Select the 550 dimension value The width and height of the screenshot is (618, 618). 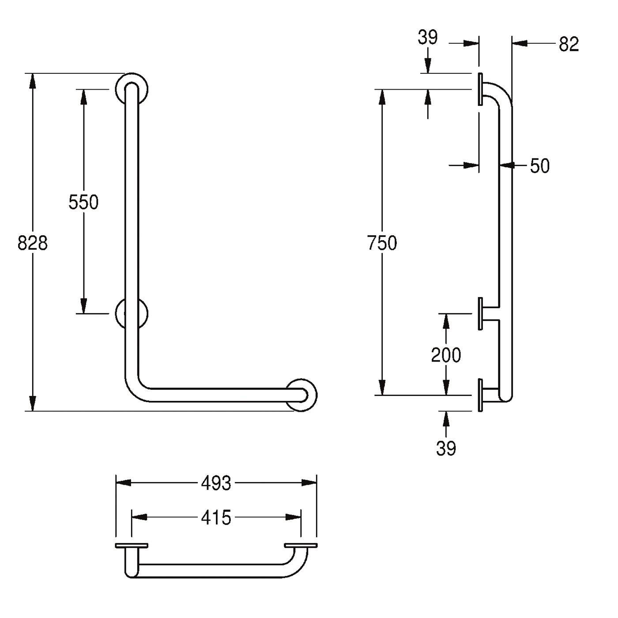point(83,202)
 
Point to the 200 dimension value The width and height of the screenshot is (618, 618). point(446,355)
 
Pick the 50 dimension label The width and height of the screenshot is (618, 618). point(540,166)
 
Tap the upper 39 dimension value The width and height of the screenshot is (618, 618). point(427,38)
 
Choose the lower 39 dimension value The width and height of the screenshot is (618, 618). point(446,448)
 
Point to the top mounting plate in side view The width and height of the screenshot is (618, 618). point(480,89)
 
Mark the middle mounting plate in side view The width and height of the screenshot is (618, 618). point(480,314)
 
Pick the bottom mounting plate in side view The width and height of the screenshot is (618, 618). point(480,395)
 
